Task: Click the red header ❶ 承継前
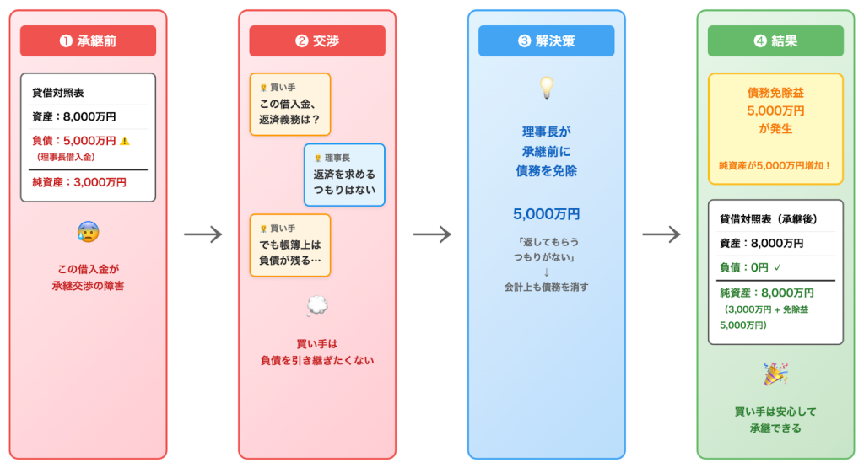[x=88, y=40]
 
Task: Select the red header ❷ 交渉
[x=317, y=40]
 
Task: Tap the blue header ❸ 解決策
[x=546, y=40]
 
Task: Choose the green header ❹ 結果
[x=775, y=40]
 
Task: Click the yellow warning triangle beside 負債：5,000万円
[x=125, y=141]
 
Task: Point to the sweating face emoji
[x=88, y=232]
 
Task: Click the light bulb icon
[x=547, y=86]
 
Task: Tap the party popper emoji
[x=775, y=374]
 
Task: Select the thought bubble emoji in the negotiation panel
[x=317, y=307]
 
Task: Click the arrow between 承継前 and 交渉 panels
[x=202, y=234]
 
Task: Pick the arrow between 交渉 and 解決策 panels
[x=432, y=234]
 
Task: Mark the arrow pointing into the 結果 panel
[x=661, y=234]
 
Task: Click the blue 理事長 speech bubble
[x=344, y=175]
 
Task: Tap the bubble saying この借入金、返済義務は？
[x=290, y=105]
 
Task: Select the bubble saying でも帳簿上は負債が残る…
[x=290, y=245]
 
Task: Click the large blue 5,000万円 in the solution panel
[x=547, y=213]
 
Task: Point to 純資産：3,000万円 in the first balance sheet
[x=79, y=182]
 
